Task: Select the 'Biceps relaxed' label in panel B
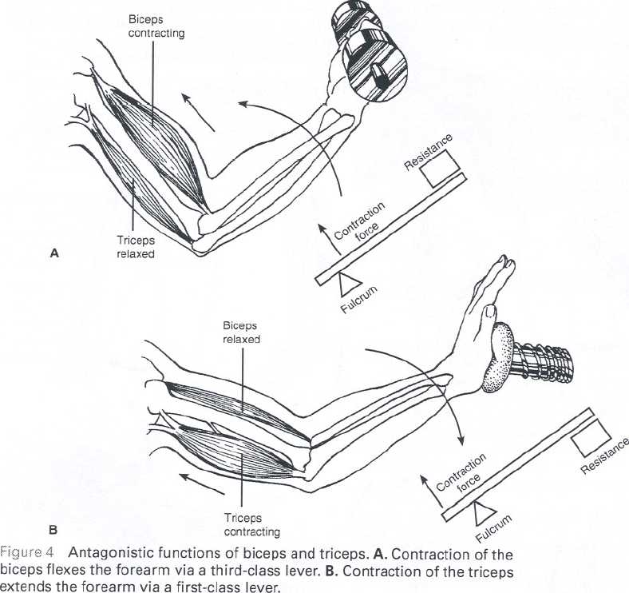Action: [242, 332]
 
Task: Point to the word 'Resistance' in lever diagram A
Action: [428, 151]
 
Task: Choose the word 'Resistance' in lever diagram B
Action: [605, 456]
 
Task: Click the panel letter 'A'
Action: [54, 253]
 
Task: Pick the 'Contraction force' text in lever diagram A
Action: [361, 224]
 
